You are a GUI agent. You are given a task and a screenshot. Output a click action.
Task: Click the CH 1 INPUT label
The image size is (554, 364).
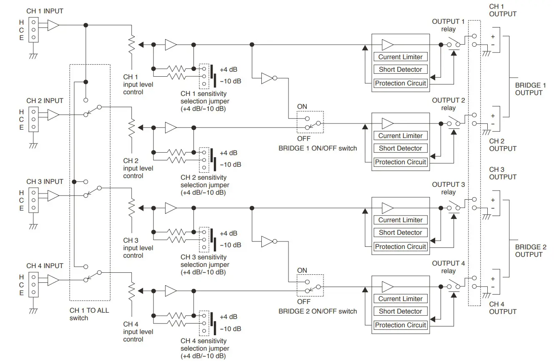(x=45, y=11)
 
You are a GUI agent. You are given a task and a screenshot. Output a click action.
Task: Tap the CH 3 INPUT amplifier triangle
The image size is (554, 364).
(x=53, y=195)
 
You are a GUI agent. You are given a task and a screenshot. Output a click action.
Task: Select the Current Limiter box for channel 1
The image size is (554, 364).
(x=400, y=57)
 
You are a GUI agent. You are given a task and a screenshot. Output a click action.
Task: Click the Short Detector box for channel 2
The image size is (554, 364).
(x=400, y=148)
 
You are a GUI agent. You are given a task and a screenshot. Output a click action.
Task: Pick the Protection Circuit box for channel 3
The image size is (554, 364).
(x=400, y=246)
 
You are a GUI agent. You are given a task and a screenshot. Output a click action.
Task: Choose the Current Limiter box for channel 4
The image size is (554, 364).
(x=400, y=299)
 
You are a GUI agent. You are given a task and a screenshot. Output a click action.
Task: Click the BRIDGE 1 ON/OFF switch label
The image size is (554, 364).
(x=318, y=148)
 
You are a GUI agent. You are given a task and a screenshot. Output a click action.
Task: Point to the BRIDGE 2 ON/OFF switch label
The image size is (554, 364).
(x=318, y=311)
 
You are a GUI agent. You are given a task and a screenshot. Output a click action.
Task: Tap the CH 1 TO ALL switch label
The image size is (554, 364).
(x=89, y=314)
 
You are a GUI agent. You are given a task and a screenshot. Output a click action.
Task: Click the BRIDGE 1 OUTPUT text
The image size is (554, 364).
(x=530, y=89)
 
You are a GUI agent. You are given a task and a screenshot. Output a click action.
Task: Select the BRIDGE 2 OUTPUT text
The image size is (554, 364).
(x=530, y=251)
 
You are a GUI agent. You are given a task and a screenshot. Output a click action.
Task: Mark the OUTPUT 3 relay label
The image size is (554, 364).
(x=448, y=188)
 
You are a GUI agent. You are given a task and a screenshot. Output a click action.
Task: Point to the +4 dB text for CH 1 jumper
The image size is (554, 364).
(x=228, y=70)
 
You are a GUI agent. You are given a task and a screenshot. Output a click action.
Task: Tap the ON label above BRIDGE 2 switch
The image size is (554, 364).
(x=302, y=270)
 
